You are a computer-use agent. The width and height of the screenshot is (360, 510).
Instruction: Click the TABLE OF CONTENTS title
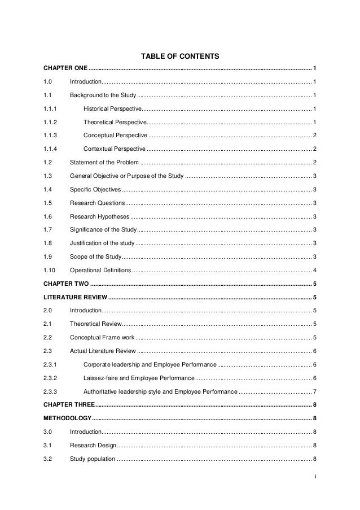[179, 56]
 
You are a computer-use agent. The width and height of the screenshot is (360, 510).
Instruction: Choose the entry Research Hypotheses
[99, 216]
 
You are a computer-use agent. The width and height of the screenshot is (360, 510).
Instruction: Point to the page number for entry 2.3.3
[314, 391]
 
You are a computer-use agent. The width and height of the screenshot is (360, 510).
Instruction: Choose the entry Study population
[93, 459]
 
